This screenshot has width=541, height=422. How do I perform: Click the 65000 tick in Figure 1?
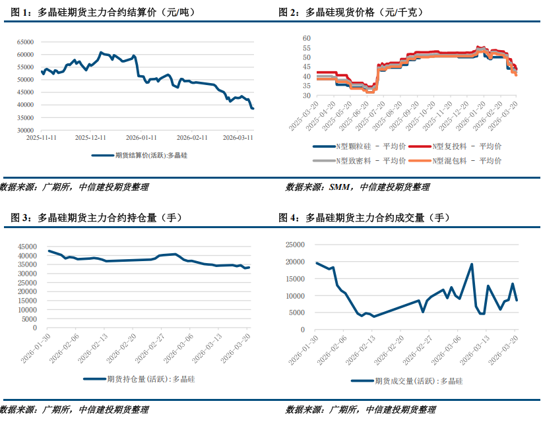[x=25, y=42]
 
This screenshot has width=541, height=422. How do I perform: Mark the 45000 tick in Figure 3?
[x=26, y=244]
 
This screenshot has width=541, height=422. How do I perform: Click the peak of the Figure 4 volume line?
[x=472, y=264]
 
